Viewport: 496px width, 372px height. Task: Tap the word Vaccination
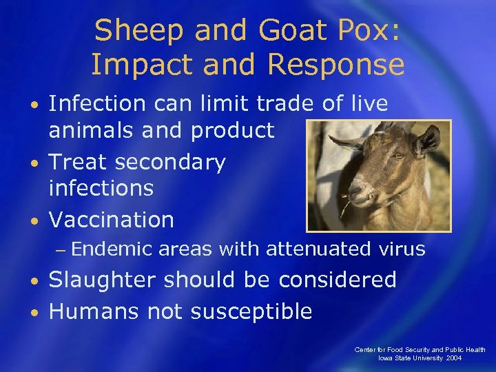pos(112,220)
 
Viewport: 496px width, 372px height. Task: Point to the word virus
pos(402,249)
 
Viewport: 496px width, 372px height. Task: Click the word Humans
pos(94,311)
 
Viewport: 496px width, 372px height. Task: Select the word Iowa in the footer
pos(386,359)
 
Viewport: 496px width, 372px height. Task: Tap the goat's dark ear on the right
pos(426,141)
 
